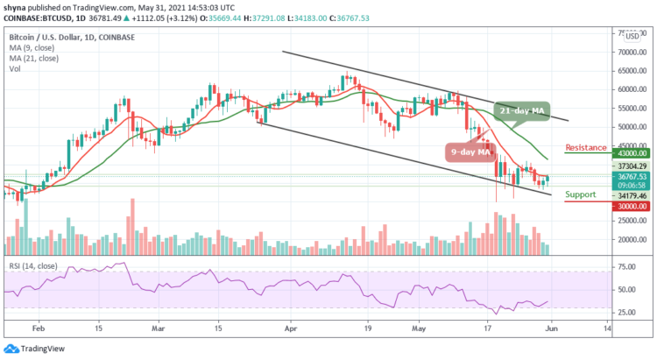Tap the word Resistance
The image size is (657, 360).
coord(586,147)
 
